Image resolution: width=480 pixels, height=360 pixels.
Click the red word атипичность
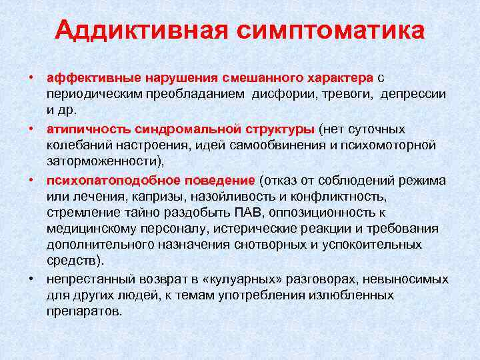pos(81,128)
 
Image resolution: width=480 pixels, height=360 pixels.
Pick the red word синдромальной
pos(172,128)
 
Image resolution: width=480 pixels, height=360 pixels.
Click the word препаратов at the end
pos(85,311)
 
